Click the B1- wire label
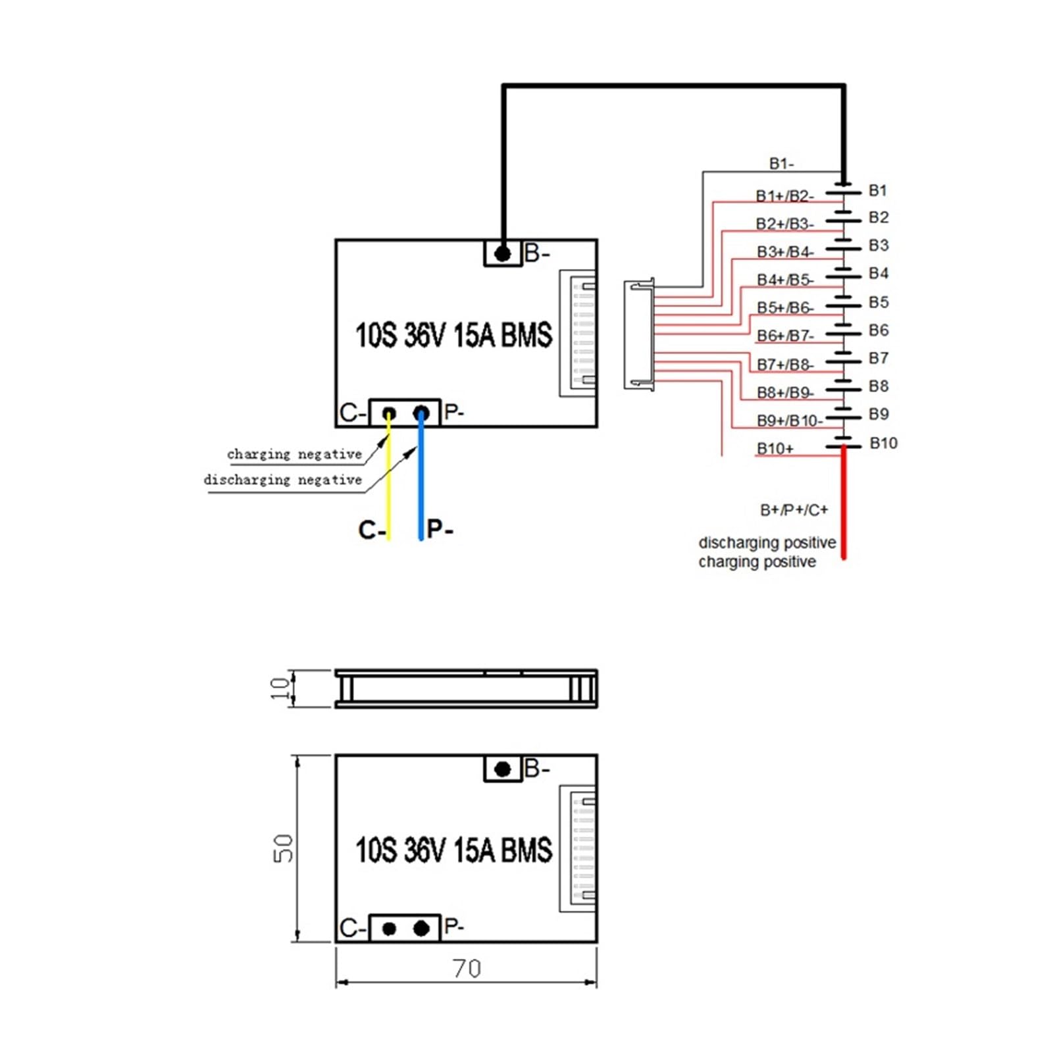(781, 163)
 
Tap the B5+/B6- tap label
(785, 307)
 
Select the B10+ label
(775, 448)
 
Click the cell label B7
(879, 358)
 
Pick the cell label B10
(883, 443)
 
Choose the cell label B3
(879, 245)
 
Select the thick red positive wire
(844, 503)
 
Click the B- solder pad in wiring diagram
(503, 253)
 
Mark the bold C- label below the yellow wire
(372, 530)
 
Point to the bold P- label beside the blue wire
(440, 528)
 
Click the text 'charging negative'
(294, 454)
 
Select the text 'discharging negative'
(282, 480)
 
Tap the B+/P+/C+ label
(794, 510)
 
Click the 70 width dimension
(467, 968)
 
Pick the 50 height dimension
(283, 848)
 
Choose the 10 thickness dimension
(280, 688)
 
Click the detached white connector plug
(639, 334)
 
